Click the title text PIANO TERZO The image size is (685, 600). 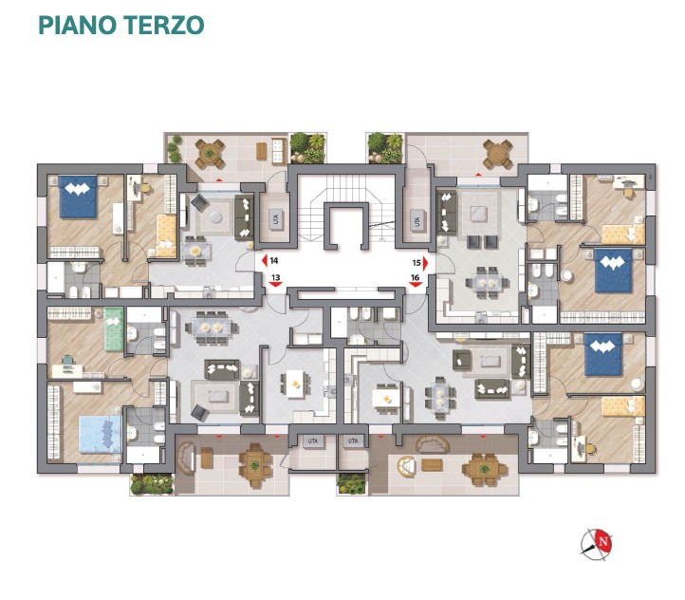click(120, 24)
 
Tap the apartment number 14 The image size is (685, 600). click(274, 259)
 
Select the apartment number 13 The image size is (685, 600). click(275, 278)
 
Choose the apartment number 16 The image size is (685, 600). click(415, 278)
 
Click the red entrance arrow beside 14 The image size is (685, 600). click(263, 260)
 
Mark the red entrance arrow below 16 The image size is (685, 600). click(415, 288)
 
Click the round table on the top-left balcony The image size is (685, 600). click(208, 152)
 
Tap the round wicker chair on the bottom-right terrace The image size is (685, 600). click(408, 466)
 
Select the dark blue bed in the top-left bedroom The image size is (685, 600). click(79, 198)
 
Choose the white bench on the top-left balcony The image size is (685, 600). click(278, 149)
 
